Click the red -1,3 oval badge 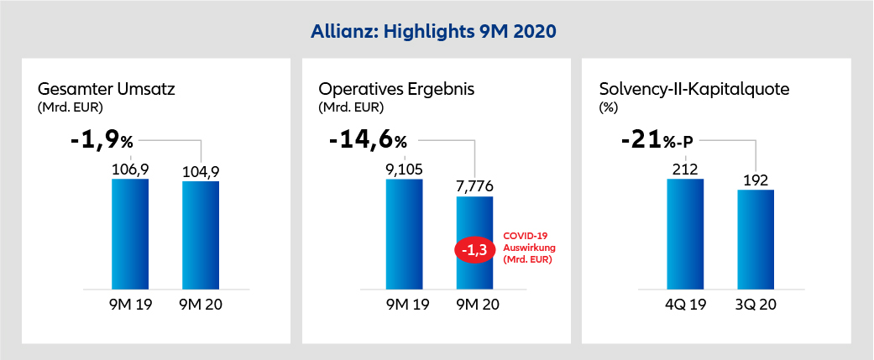point(474,250)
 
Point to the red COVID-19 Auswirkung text point(530,249)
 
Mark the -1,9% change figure point(108,139)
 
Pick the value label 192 point(756,179)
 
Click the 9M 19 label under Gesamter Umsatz point(130,305)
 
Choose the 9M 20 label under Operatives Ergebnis point(474,305)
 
